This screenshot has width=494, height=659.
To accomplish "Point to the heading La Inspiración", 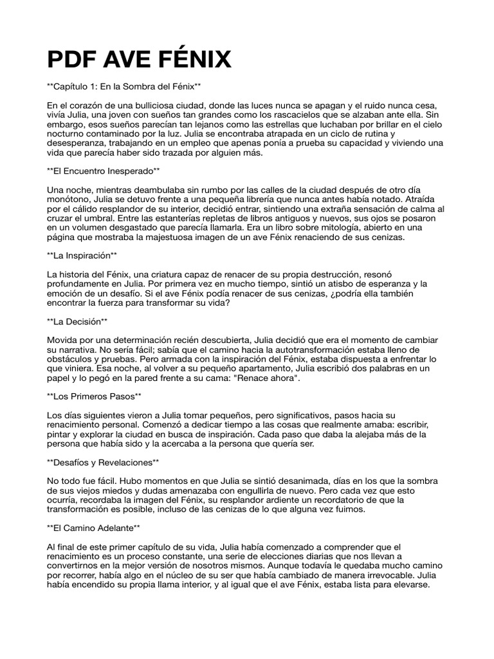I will click(x=82, y=255).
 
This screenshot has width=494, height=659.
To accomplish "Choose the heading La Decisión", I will click(x=77, y=320).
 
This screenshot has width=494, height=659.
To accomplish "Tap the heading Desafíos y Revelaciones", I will click(x=103, y=462).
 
